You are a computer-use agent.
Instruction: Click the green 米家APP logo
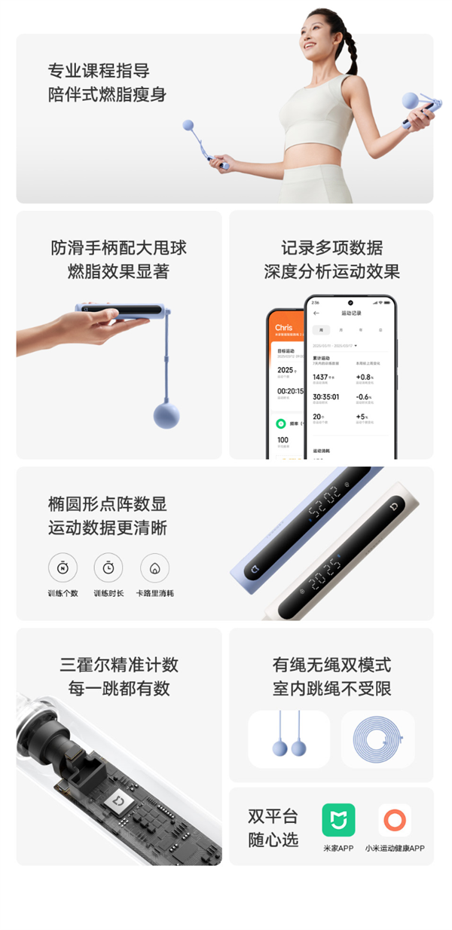point(338,820)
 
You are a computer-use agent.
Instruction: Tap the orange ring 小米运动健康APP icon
point(394,820)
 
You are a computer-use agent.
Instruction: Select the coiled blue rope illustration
point(377,739)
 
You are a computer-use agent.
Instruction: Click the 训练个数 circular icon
point(63,567)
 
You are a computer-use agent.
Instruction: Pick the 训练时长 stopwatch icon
point(108,567)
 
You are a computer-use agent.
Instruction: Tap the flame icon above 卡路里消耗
point(154,567)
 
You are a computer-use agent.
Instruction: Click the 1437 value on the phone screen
point(321,377)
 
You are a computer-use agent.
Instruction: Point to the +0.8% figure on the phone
point(365,377)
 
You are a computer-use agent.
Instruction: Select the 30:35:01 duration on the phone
point(325,396)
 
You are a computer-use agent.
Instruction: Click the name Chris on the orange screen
point(284,328)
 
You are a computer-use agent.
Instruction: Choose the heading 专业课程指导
point(99,72)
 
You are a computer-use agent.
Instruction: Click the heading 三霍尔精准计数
point(119,665)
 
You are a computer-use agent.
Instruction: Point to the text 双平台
point(273,816)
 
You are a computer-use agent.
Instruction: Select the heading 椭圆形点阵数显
point(108,504)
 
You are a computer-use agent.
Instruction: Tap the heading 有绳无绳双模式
point(331,665)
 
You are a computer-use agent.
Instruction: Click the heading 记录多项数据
point(331,248)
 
